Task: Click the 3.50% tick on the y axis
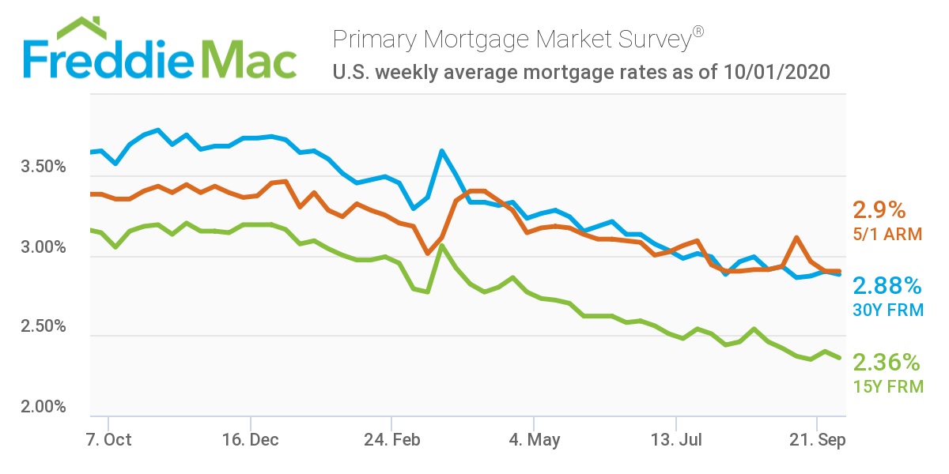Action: point(43,168)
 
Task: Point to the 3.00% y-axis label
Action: point(43,248)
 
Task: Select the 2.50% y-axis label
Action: point(43,327)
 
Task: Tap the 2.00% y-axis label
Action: point(43,407)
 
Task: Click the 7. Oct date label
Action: point(108,440)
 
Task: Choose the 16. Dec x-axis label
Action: point(250,440)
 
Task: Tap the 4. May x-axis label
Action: point(534,440)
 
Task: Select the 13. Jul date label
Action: point(675,440)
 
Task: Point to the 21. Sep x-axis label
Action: point(817,440)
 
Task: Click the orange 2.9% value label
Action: point(878,211)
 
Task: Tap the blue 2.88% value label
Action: point(887,286)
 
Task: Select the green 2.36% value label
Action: point(887,363)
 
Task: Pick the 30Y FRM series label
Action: point(887,310)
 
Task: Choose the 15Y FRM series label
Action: point(887,387)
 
